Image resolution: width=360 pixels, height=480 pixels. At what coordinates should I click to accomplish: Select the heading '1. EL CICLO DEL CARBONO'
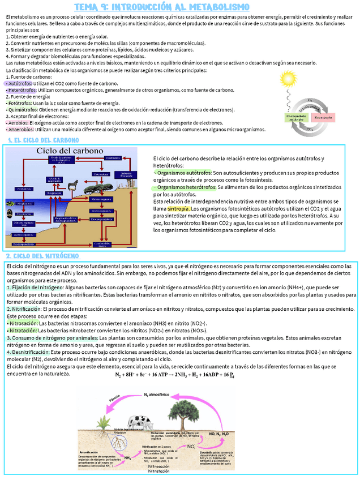coord(43,140)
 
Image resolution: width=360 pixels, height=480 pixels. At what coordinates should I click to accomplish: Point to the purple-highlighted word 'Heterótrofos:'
coord(21,90)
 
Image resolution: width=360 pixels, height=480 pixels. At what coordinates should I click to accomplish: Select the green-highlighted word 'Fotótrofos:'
coord(19,103)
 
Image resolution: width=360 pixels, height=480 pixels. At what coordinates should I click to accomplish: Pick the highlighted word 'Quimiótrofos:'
coord(22,110)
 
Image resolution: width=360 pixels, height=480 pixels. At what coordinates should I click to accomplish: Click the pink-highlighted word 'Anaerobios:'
coord(21,129)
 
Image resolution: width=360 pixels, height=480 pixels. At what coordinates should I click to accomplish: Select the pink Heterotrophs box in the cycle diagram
coord(323,117)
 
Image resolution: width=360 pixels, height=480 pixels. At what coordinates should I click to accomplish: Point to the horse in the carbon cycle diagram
coord(74,185)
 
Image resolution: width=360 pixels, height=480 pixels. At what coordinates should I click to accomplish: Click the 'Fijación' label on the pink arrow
coord(115,400)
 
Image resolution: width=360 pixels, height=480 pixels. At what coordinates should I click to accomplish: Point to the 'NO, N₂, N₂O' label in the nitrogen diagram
coord(219,434)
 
